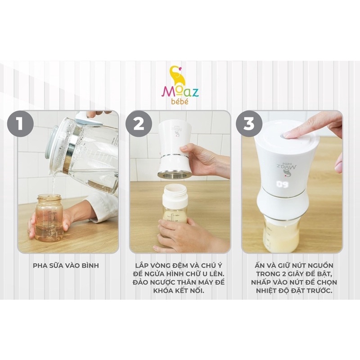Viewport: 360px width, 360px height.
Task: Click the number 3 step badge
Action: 249,124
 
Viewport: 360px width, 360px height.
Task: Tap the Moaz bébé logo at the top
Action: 180,85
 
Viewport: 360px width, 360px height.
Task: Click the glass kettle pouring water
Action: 83,151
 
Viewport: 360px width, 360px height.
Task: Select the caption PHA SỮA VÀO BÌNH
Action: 66,265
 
